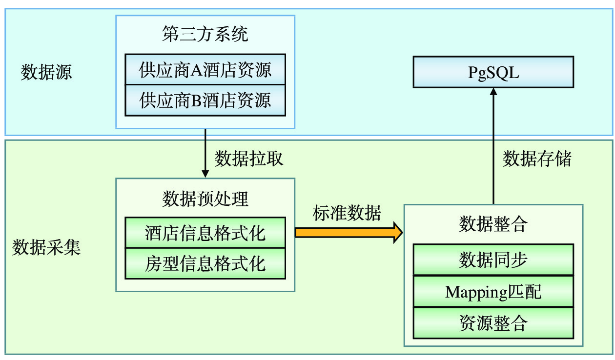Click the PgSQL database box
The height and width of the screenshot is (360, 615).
pyautogui.click(x=493, y=72)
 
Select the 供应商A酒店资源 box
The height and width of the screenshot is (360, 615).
pyautogui.click(x=205, y=69)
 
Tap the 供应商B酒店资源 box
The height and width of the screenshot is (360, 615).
pyautogui.click(x=205, y=100)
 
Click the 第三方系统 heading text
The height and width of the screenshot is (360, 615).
pyautogui.click(x=205, y=34)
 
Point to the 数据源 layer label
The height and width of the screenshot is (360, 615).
pyautogui.click(x=46, y=72)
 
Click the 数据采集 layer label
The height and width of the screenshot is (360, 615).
pyautogui.click(x=46, y=247)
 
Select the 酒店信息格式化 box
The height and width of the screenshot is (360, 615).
pyautogui.click(x=205, y=233)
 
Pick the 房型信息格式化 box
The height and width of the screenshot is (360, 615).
pyautogui.click(x=205, y=264)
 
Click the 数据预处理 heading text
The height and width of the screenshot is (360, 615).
pyautogui.click(x=205, y=199)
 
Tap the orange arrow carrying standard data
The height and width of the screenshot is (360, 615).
pyautogui.click(x=348, y=233)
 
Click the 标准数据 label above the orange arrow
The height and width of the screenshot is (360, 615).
pyautogui.click(x=347, y=213)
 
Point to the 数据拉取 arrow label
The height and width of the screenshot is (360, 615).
pyautogui.click(x=249, y=159)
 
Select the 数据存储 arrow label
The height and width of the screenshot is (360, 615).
pyautogui.click(x=537, y=159)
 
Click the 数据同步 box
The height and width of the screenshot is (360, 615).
pyautogui.click(x=493, y=260)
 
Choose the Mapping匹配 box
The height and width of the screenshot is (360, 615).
pyautogui.click(x=493, y=291)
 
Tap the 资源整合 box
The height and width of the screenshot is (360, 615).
pyautogui.click(x=493, y=323)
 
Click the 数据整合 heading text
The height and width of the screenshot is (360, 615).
pyautogui.click(x=493, y=224)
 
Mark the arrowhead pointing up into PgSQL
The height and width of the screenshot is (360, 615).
pyautogui.click(x=493, y=92)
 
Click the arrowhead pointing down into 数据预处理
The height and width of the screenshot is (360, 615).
pyautogui.click(x=205, y=174)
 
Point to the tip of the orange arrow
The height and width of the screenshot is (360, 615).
pyautogui.click(x=403, y=233)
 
